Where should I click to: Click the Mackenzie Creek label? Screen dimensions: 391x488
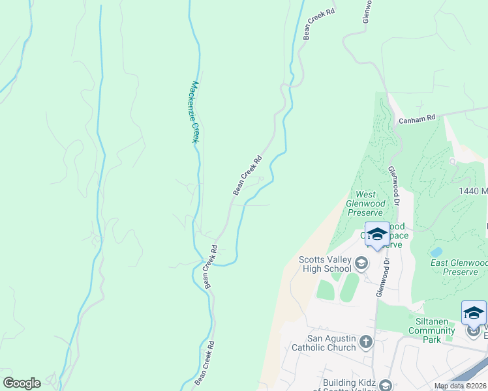click(194, 112)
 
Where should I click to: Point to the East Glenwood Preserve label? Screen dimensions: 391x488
click(459, 267)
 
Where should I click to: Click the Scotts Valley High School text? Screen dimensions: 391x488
click(324, 263)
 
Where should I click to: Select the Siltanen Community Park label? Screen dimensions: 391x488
click(431, 326)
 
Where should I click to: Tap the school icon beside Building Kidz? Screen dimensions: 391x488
click(386, 384)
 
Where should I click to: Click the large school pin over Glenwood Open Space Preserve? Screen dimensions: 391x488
click(377, 235)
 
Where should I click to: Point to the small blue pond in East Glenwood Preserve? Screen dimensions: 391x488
click(436, 252)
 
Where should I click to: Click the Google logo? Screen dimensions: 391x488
click(22, 383)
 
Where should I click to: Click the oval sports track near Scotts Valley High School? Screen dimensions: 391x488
click(350, 287)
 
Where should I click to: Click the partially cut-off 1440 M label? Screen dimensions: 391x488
click(473, 190)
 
